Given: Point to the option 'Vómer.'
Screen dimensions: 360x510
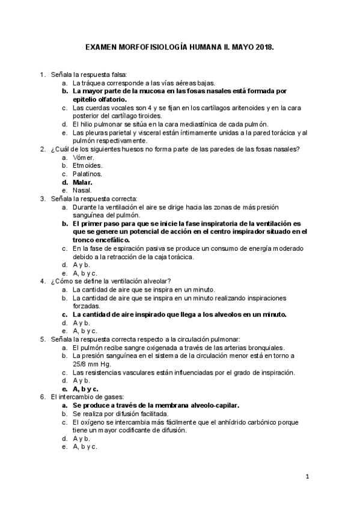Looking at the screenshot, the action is tap(84, 157).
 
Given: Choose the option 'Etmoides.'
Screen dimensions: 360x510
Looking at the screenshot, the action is tap(87, 165).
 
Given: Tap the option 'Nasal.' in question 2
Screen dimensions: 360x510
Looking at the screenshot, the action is tap(82, 190).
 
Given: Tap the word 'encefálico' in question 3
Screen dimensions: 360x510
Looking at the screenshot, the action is tap(102, 239).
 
